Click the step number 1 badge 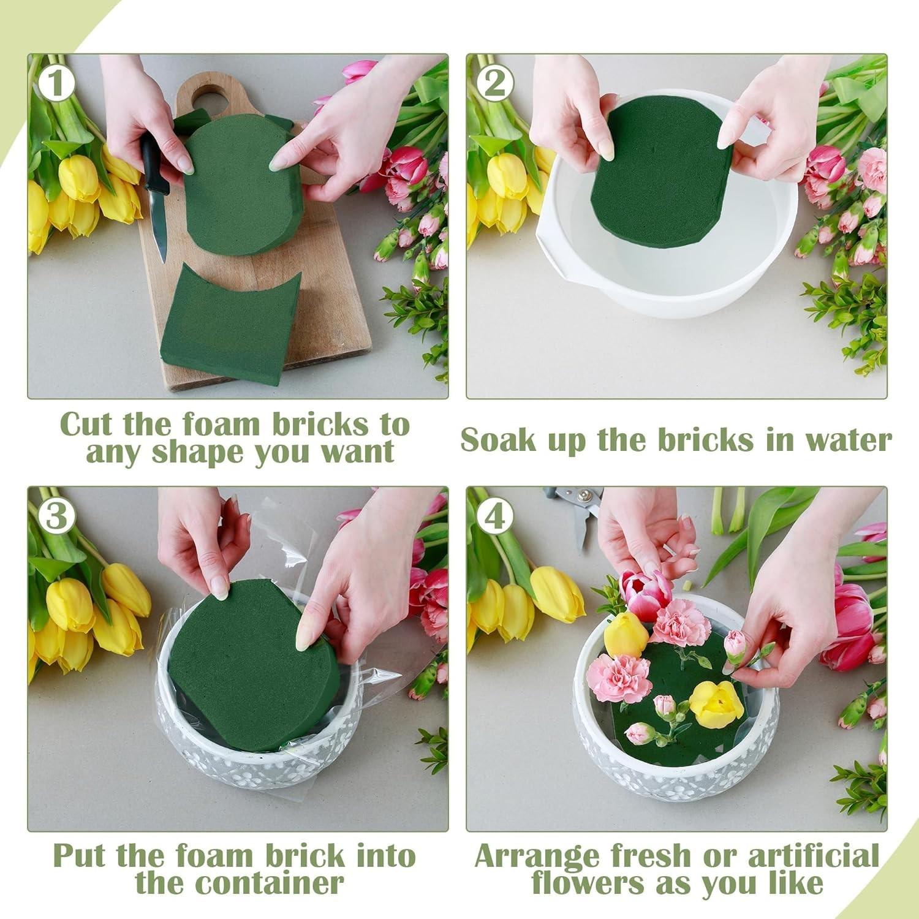pyautogui.click(x=56, y=84)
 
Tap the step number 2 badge pyautogui.click(x=494, y=84)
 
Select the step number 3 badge pyautogui.click(x=56, y=516)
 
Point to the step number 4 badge pyautogui.click(x=494, y=516)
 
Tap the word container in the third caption pyautogui.click(x=239, y=883)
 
